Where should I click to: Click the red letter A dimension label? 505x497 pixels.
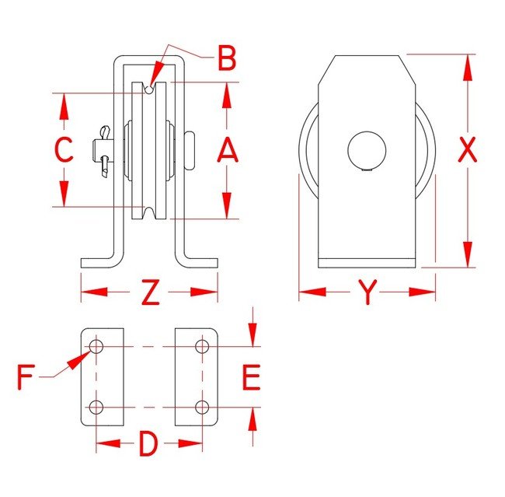point(228,149)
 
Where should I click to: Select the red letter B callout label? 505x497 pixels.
point(227,58)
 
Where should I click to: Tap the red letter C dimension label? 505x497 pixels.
point(64,149)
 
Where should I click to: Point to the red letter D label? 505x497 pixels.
point(148,444)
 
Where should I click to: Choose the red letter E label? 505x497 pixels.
point(251,377)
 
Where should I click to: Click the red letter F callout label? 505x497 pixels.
point(26,377)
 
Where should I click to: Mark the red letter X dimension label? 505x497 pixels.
point(467,149)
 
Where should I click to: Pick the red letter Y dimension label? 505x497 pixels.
point(367,292)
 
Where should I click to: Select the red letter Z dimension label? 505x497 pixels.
point(151,292)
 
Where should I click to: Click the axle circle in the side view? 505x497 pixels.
point(367,150)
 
